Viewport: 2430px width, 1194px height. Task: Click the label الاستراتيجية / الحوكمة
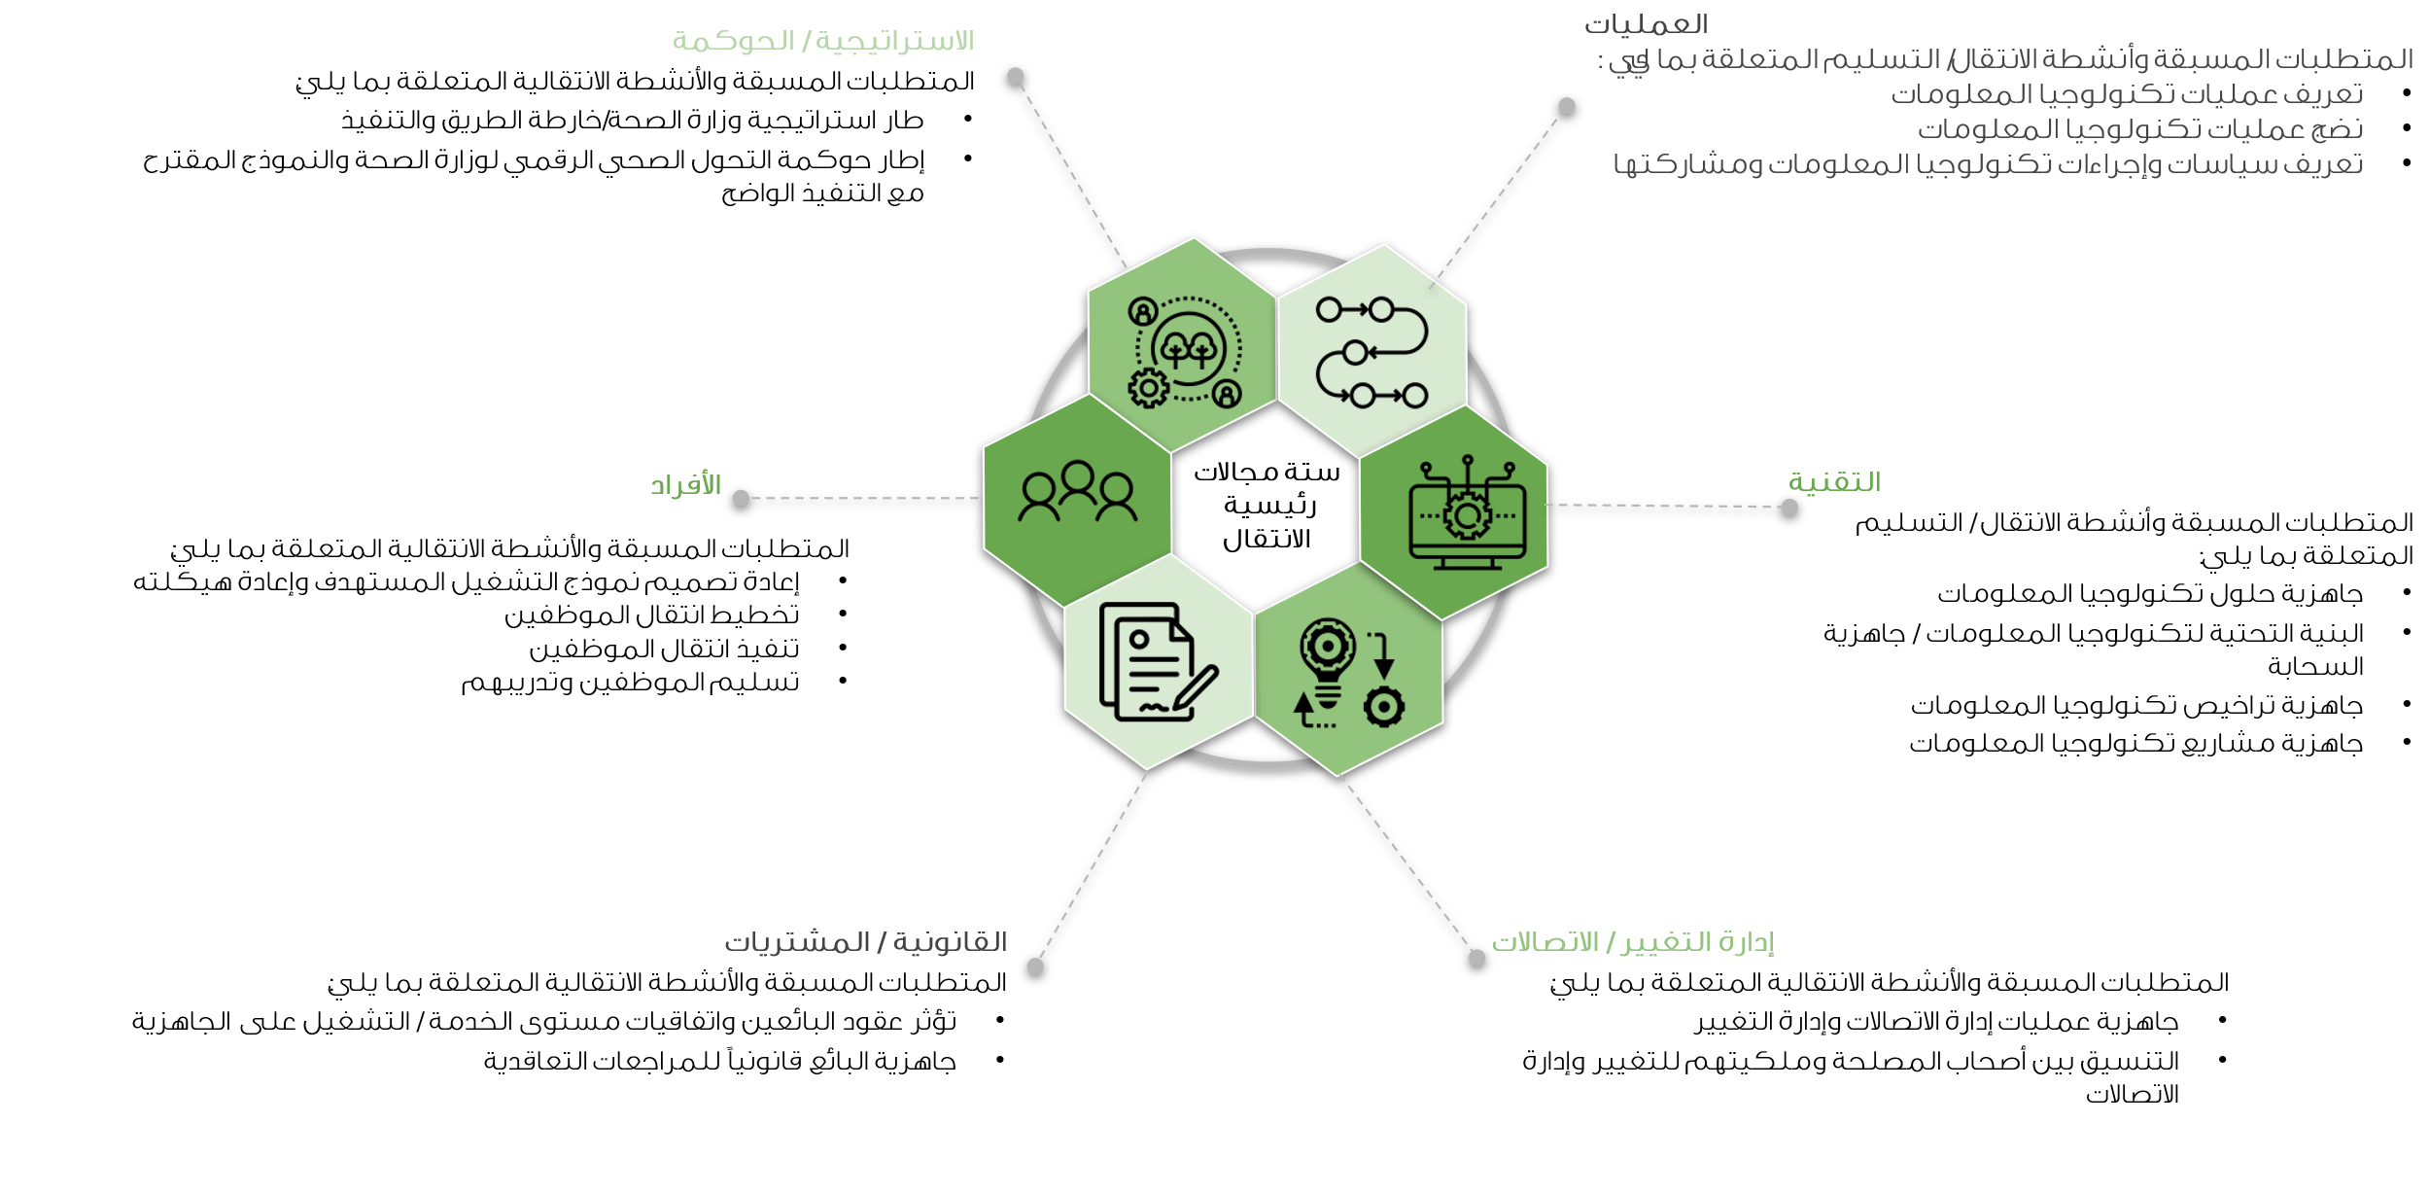pyautogui.click(x=822, y=42)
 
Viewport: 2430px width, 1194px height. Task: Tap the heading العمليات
pyautogui.click(x=1645, y=24)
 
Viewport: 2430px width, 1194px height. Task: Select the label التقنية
pyautogui.click(x=1834, y=482)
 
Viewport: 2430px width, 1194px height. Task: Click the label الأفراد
pyautogui.click(x=685, y=484)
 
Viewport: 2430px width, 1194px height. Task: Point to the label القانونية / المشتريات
pyautogui.click(x=865, y=942)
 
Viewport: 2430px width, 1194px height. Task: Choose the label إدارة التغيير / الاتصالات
pyautogui.click(x=1633, y=942)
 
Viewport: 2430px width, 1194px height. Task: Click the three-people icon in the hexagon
pyautogui.click(x=1077, y=492)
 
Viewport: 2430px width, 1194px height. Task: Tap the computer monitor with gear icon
pyautogui.click(x=1467, y=514)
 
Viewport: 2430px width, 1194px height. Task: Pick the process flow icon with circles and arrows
pyautogui.click(x=1371, y=352)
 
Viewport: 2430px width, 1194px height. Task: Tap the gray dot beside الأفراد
pyautogui.click(x=741, y=498)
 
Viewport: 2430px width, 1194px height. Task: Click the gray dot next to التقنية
pyautogui.click(x=1789, y=507)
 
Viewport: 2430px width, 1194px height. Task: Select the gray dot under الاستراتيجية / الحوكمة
pyautogui.click(x=1015, y=76)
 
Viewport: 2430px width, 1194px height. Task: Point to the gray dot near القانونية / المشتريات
pyautogui.click(x=1035, y=966)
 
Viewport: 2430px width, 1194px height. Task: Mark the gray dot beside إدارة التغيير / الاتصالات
pyautogui.click(x=1476, y=958)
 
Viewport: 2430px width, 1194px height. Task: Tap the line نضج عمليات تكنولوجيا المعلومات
pyautogui.click(x=2139, y=129)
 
